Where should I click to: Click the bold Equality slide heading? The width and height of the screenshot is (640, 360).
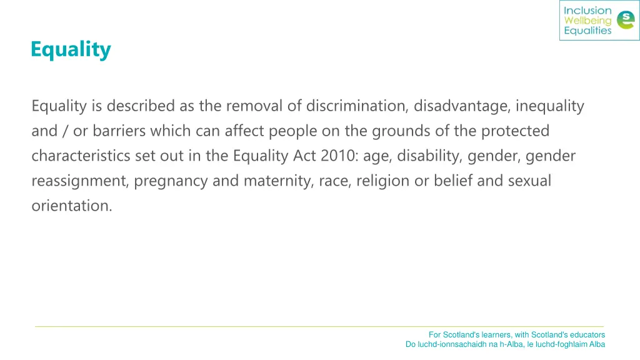(x=71, y=49)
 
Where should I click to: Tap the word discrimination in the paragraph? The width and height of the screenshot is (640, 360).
(x=356, y=106)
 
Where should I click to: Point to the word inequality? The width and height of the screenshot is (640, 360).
(x=549, y=106)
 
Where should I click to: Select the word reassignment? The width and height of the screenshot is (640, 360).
(x=79, y=181)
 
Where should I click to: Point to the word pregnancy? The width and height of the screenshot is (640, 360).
(x=169, y=181)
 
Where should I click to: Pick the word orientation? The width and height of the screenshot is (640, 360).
(x=71, y=206)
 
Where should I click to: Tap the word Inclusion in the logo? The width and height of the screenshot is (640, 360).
(x=587, y=11)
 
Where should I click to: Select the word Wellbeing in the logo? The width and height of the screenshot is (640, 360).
(x=587, y=21)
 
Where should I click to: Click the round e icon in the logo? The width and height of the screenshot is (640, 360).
(x=624, y=21)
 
